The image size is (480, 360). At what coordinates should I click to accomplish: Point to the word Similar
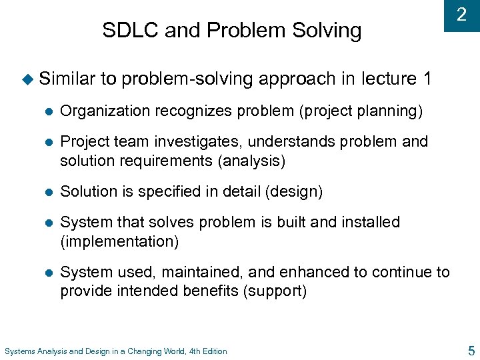click(67, 79)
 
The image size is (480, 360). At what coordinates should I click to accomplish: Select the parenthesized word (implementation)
click(119, 241)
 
